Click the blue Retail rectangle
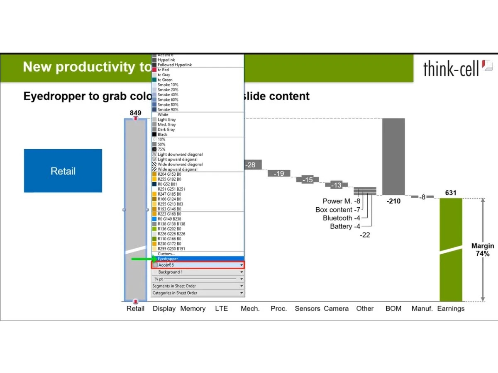[x=63, y=171]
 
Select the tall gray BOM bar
[x=393, y=156]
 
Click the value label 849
[x=135, y=113]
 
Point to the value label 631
[x=451, y=193]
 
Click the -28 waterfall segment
[x=251, y=165]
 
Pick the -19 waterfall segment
[x=279, y=173]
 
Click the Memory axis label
[x=193, y=308]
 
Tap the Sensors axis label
[x=308, y=308]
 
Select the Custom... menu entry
[x=166, y=254]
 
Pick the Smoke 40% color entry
[x=168, y=94]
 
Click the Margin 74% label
[x=482, y=250]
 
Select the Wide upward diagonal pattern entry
[x=177, y=169]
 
